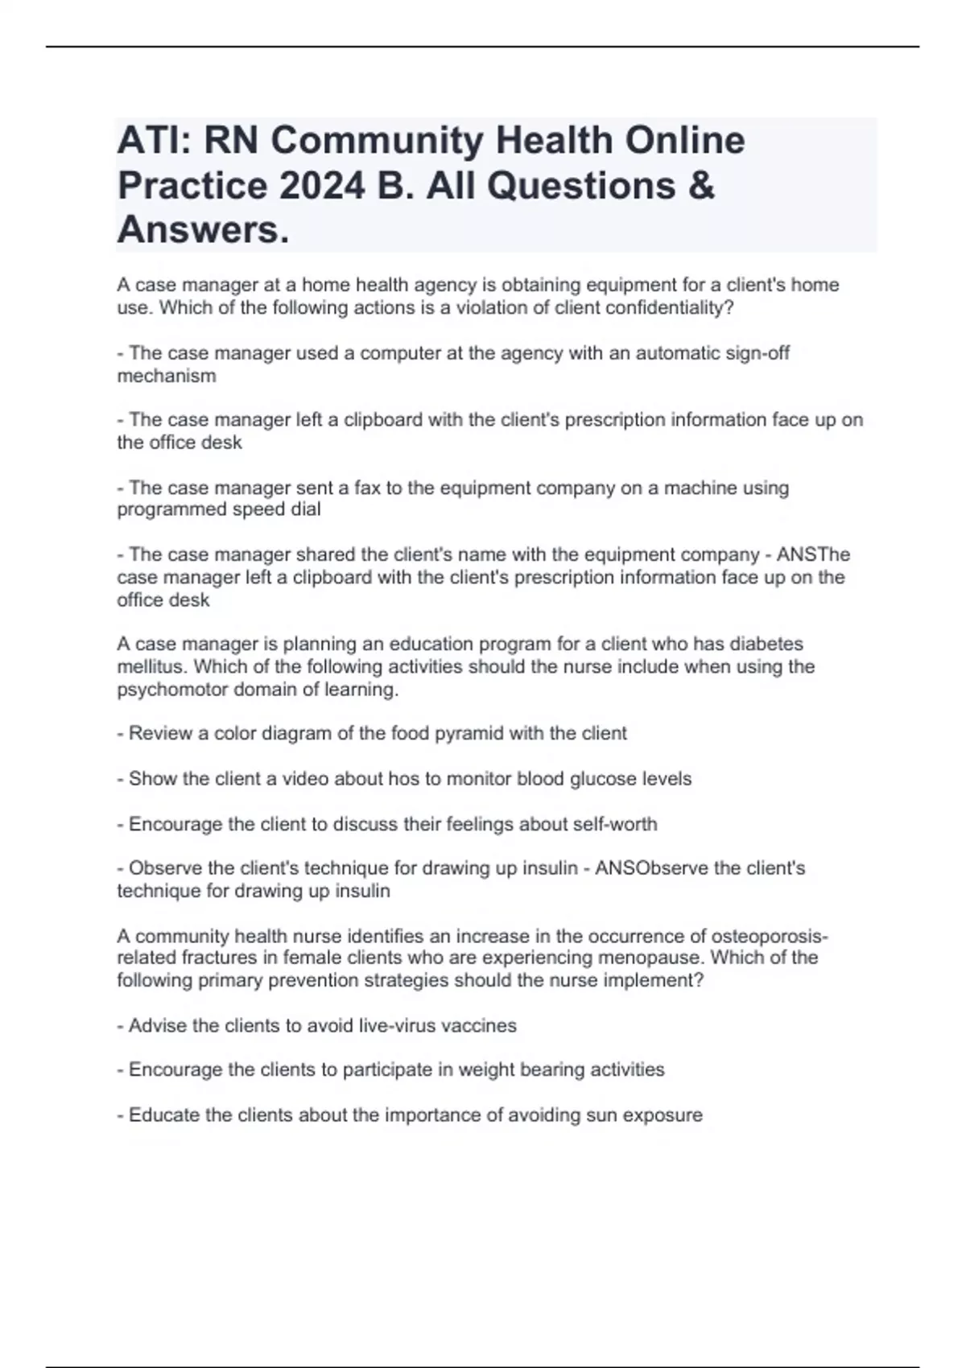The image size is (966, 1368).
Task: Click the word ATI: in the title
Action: (153, 141)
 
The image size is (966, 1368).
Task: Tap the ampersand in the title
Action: (701, 186)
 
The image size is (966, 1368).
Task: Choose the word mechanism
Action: (167, 376)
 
